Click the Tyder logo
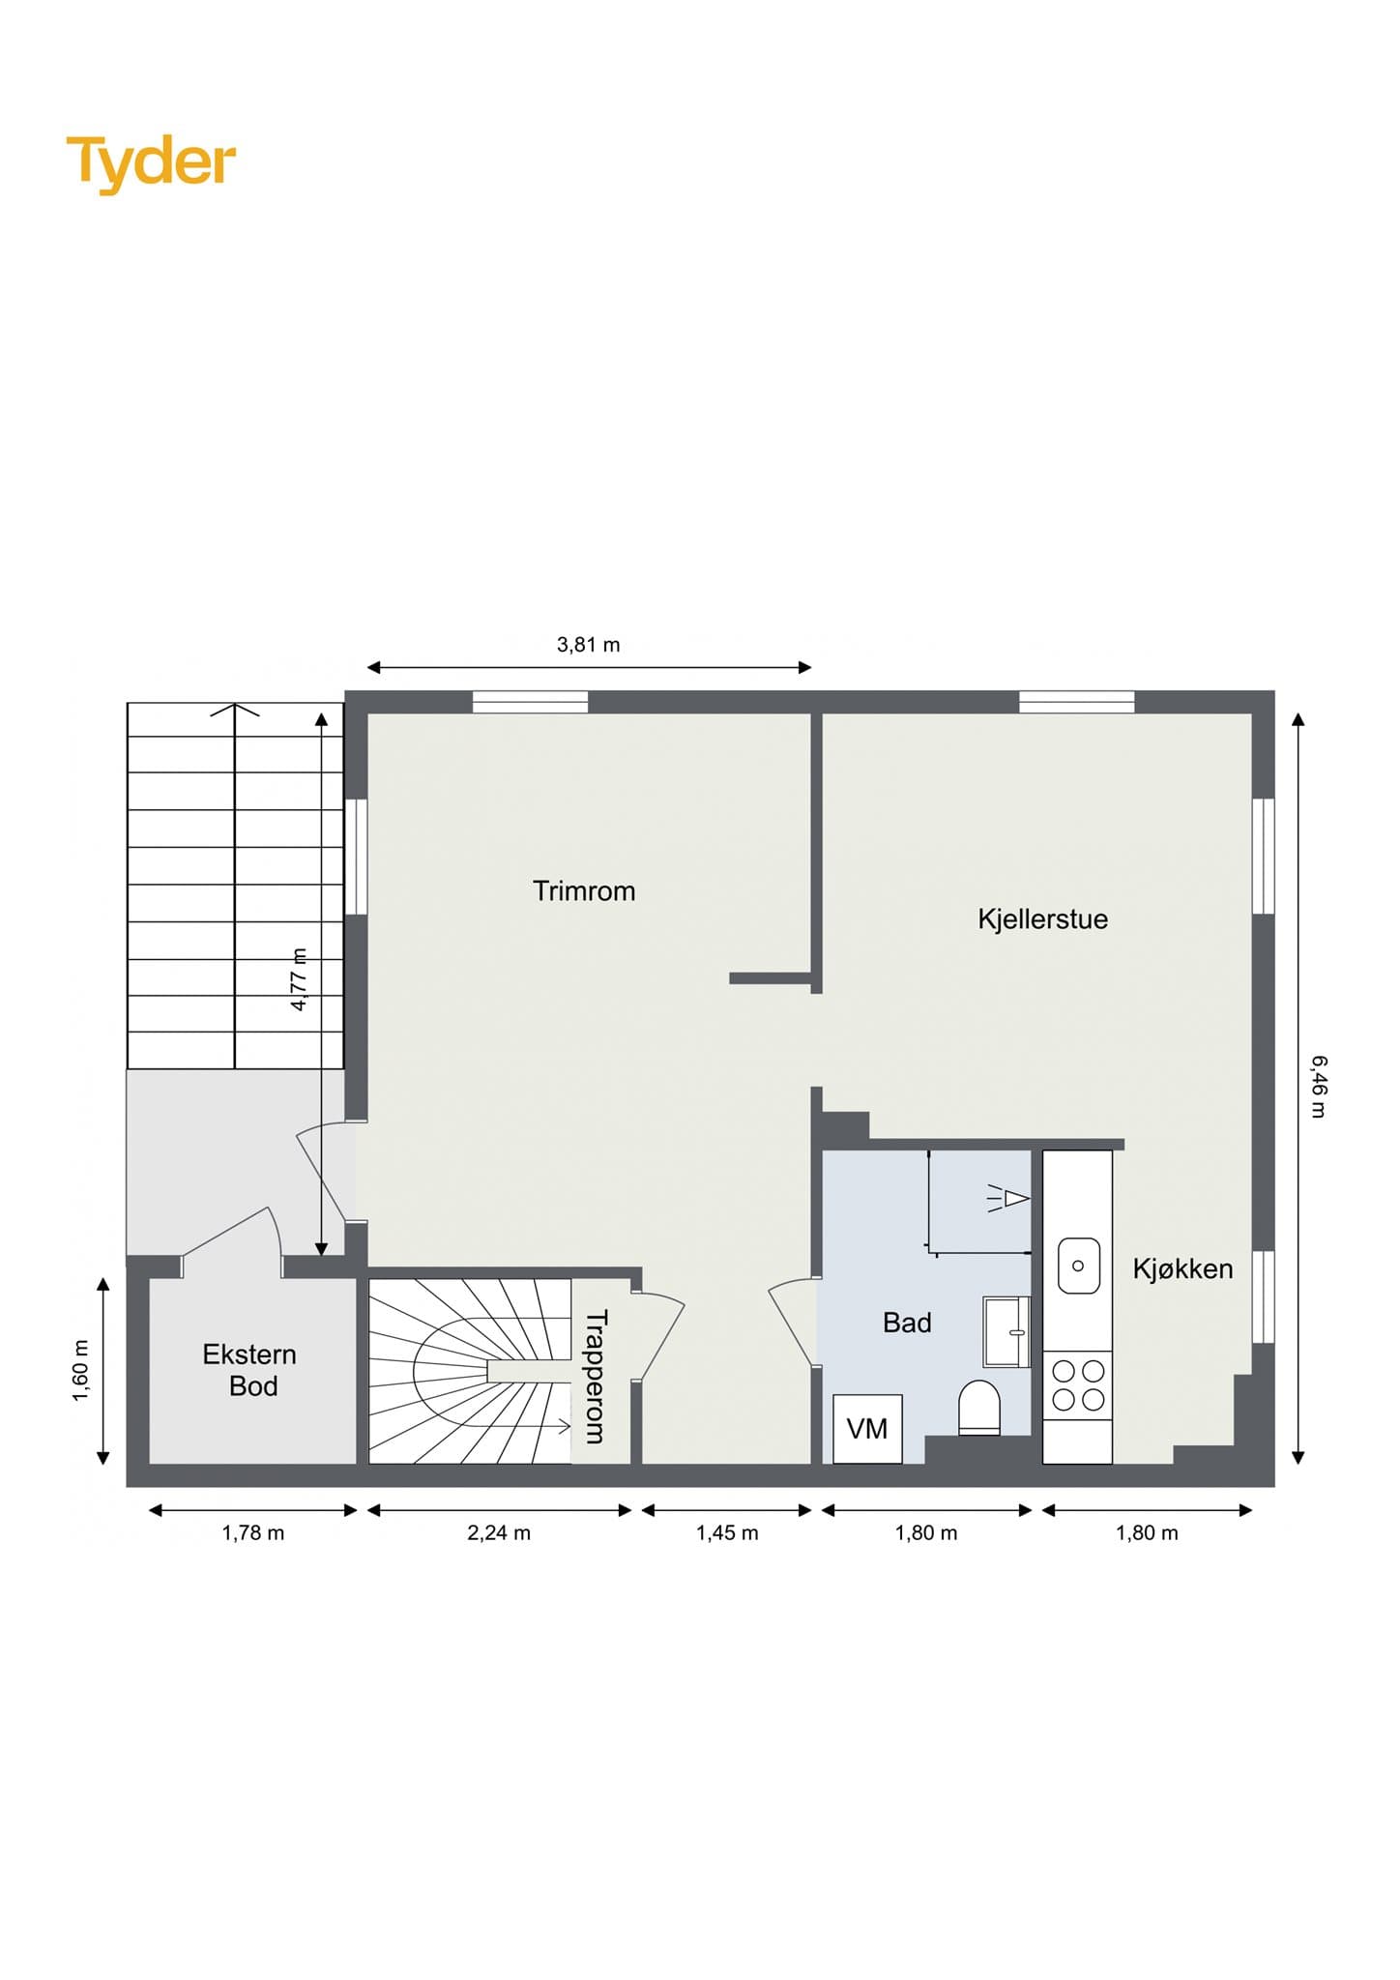[151, 163]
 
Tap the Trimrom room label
[584, 890]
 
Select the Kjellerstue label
[1042, 918]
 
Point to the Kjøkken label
[1182, 1268]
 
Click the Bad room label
[907, 1323]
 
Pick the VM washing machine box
[867, 1428]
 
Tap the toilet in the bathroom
[978, 1408]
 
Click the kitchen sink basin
[1079, 1266]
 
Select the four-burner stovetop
[1078, 1385]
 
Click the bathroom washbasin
[1006, 1331]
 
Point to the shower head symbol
[1007, 1199]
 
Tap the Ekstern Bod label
[250, 1370]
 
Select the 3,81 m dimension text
[588, 645]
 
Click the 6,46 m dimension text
[1319, 1087]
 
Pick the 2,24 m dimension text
[499, 1532]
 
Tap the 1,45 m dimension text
[727, 1532]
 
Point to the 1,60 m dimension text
[81, 1370]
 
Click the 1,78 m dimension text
[253, 1532]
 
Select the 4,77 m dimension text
[300, 979]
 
